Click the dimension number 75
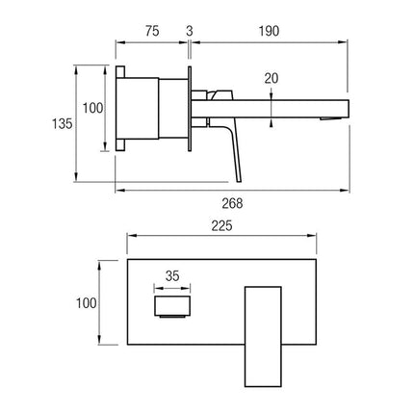coord(152,31)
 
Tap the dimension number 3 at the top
coord(190,31)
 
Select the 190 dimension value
coord(269,31)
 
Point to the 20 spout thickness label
coord(272,78)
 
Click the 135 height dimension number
coord(63,123)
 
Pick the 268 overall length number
coord(232,203)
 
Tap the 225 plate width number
coord(221,226)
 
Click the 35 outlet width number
coord(172,276)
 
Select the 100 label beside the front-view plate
coord(86,303)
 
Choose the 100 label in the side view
coord(93,108)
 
